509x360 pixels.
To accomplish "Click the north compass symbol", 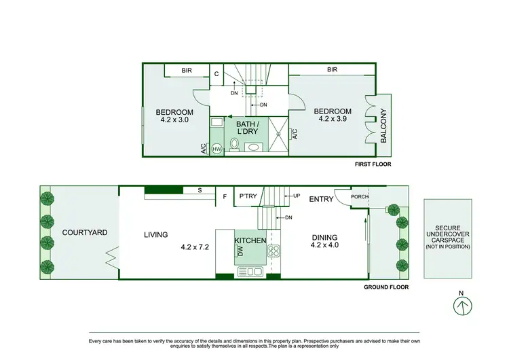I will coord(461,306).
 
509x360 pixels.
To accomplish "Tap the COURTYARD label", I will coord(84,232).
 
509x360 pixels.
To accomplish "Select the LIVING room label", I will coord(155,235).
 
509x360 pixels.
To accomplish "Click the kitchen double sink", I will coord(249,272).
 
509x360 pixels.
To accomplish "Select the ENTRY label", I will coord(321,199).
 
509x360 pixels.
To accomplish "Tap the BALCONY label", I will coord(383,126).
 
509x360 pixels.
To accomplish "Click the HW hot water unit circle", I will coord(217,149).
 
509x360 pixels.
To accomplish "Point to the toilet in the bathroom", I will coord(233,145).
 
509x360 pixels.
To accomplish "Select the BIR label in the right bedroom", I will coord(332,69).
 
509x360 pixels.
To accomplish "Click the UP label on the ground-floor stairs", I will coord(297,196).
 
